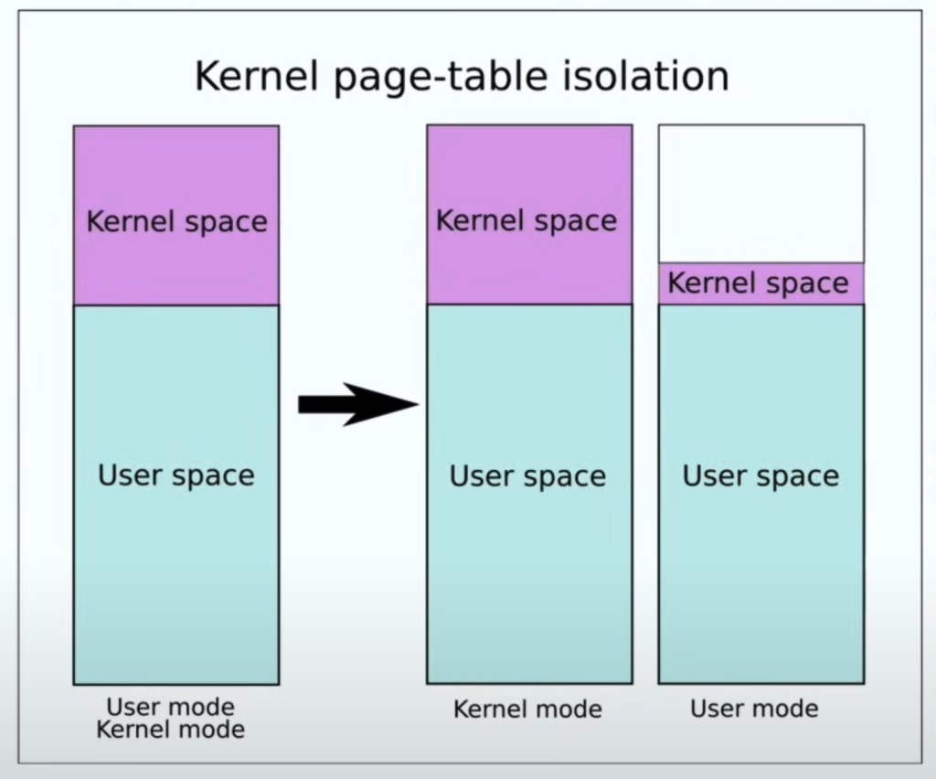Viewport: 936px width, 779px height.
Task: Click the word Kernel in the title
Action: (256, 76)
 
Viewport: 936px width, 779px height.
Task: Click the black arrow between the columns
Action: (358, 405)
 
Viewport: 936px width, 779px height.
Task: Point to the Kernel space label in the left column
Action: (176, 222)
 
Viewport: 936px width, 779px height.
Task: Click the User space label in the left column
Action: (176, 476)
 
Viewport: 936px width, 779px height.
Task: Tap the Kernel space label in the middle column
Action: (526, 221)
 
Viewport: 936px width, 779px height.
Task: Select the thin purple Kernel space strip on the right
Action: (761, 283)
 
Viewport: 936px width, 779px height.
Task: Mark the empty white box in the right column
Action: (761, 194)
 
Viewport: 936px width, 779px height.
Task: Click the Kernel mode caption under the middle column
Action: (527, 710)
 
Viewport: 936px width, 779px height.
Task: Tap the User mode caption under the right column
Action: (754, 710)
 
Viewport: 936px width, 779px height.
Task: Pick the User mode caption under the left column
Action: (170, 707)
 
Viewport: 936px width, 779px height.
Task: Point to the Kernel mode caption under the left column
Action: (170, 730)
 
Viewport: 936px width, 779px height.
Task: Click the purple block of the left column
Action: (176, 216)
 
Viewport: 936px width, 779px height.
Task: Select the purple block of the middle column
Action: (529, 215)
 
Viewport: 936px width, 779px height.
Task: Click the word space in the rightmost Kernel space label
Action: (807, 284)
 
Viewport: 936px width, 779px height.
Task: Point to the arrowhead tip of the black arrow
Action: (419, 405)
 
